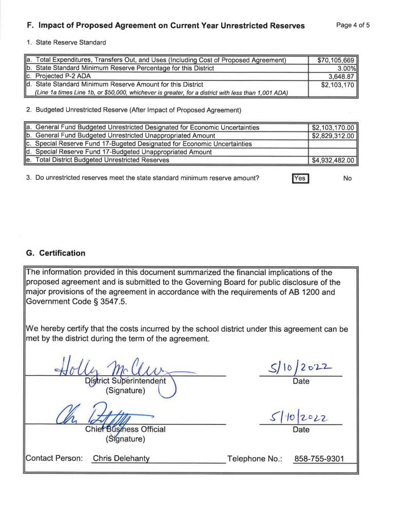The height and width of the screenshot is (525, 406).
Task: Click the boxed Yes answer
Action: coord(299,179)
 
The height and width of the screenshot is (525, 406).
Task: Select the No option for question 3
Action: coord(347,179)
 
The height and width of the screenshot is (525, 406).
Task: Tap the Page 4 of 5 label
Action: coord(353,25)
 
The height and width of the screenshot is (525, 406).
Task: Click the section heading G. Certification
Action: coord(55,253)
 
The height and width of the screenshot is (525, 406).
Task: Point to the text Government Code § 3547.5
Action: coord(75,302)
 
